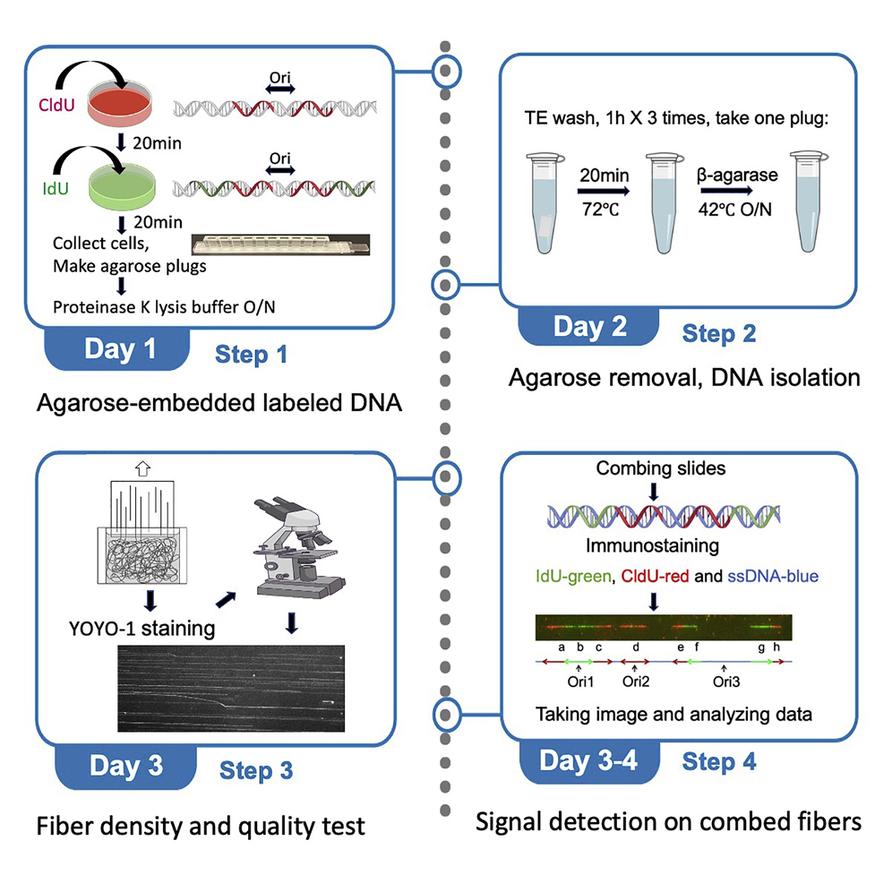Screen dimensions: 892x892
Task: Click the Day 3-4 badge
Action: (x=588, y=760)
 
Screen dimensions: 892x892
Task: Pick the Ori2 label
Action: (x=635, y=681)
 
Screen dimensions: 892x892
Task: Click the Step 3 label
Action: (x=256, y=769)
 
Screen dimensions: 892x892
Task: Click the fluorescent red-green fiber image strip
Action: (x=664, y=626)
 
